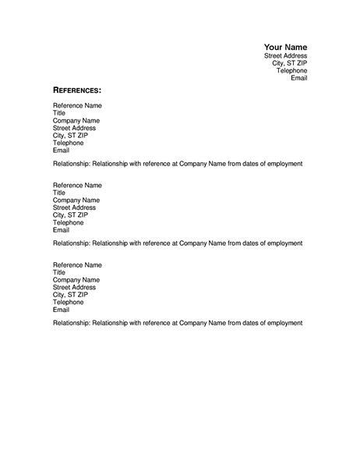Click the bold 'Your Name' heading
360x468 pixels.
tap(285, 47)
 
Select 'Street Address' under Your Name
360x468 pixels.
tap(286, 56)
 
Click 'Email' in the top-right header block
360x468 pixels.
tap(299, 78)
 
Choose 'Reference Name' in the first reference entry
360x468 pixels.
tap(77, 105)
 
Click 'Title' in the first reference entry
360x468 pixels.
tap(59, 113)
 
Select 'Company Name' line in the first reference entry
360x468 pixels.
tap(76, 121)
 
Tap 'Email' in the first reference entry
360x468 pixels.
tap(61, 150)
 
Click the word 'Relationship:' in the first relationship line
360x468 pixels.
tap(71, 165)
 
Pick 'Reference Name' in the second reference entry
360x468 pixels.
tap(77, 186)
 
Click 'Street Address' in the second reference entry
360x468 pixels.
tap(73, 207)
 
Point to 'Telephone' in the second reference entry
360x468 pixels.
tap(68, 222)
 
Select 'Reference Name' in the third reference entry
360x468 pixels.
tap(77, 265)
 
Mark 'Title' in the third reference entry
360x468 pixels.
tap(59, 272)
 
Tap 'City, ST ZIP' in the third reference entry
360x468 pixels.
tap(69, 294)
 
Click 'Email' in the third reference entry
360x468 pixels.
tap(61, 309)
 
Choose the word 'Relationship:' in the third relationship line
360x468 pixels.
tap(71, 322)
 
